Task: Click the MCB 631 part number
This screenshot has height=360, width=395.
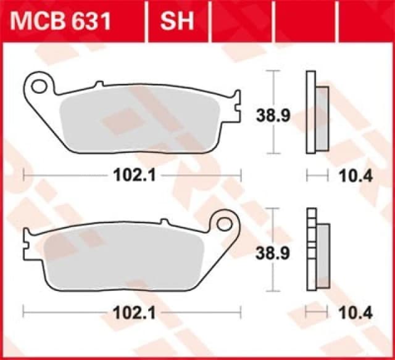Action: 60,21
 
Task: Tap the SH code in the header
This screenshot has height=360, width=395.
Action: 177,21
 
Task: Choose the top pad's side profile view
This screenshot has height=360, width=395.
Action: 316,113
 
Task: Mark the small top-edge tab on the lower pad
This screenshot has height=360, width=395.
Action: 164,221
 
